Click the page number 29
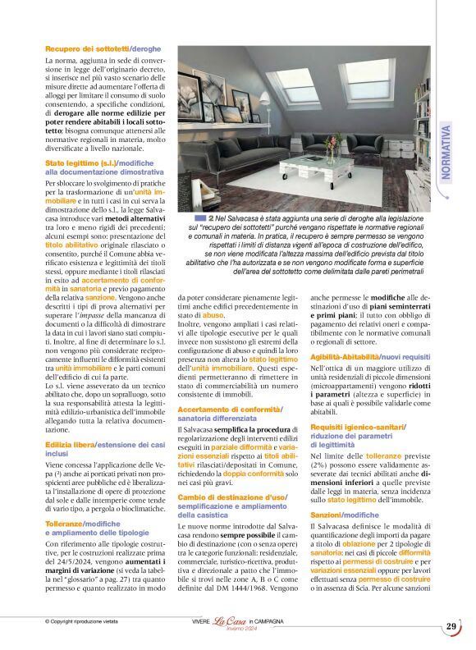[x=451, y=627]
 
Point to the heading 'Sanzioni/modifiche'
[x=333, y=515]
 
